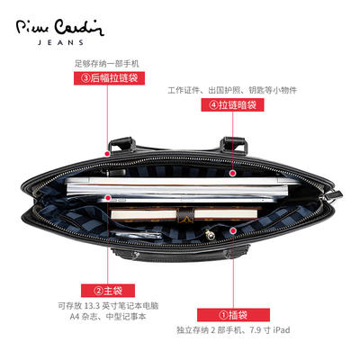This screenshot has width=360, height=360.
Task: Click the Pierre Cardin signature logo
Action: (x=60, y=28)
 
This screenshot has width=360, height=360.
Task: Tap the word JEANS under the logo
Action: (x=60, y=42)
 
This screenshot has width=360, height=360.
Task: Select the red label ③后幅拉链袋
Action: (x=109, y=78)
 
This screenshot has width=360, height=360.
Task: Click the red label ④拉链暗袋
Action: (x=232, y=105)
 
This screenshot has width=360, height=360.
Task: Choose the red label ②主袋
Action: (x=108, y=291)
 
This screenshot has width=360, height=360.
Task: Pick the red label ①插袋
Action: (x=233, y=315)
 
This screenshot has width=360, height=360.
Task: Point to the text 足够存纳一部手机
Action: (x=107, y=64)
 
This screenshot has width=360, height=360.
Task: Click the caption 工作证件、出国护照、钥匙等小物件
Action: (x=232, y=90)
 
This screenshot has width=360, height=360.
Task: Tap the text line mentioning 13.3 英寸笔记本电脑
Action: (x=108, y=306)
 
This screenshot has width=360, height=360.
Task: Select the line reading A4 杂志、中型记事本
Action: (x=108, y=317)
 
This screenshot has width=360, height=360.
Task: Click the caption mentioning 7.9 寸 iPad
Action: (x=233, y=330)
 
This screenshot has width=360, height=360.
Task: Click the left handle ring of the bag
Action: (x=121, y=144)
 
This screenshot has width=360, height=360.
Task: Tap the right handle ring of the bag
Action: (x=234, y=145)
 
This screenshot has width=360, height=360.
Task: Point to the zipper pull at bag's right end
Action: (x=334, y=196)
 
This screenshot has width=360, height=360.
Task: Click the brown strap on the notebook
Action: (x=184, y=213)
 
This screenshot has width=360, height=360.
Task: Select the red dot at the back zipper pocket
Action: (x=107, y=154)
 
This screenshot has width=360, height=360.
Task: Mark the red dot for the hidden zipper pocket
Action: (x=232, y=173)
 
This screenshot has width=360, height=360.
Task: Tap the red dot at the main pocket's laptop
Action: (x=108, y=198)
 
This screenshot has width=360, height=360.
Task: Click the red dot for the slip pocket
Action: (x=233, y=230)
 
